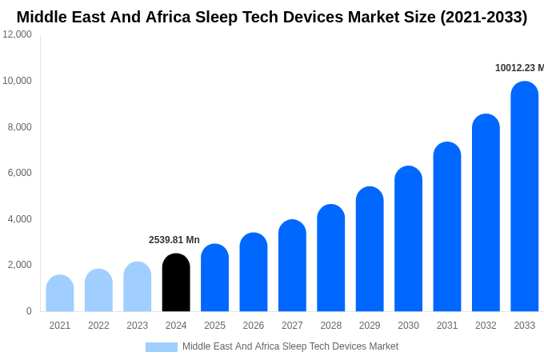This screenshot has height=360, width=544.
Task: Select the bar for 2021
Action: (60, 294)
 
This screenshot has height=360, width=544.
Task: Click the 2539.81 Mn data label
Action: (174, 240)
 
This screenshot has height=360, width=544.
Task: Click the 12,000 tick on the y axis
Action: (18, 34)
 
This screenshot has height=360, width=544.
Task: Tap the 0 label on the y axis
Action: (29, 311)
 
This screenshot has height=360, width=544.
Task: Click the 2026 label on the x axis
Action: (254, 326)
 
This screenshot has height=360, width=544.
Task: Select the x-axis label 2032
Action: (486, 326)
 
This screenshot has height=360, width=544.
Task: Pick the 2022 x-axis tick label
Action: (98, 326)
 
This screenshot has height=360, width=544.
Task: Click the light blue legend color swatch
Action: (161, 347)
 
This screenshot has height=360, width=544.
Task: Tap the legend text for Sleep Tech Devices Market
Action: (290, 346)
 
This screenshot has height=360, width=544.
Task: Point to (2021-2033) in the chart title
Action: (483, 17)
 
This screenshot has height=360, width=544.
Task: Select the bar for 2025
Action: (214, 278)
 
